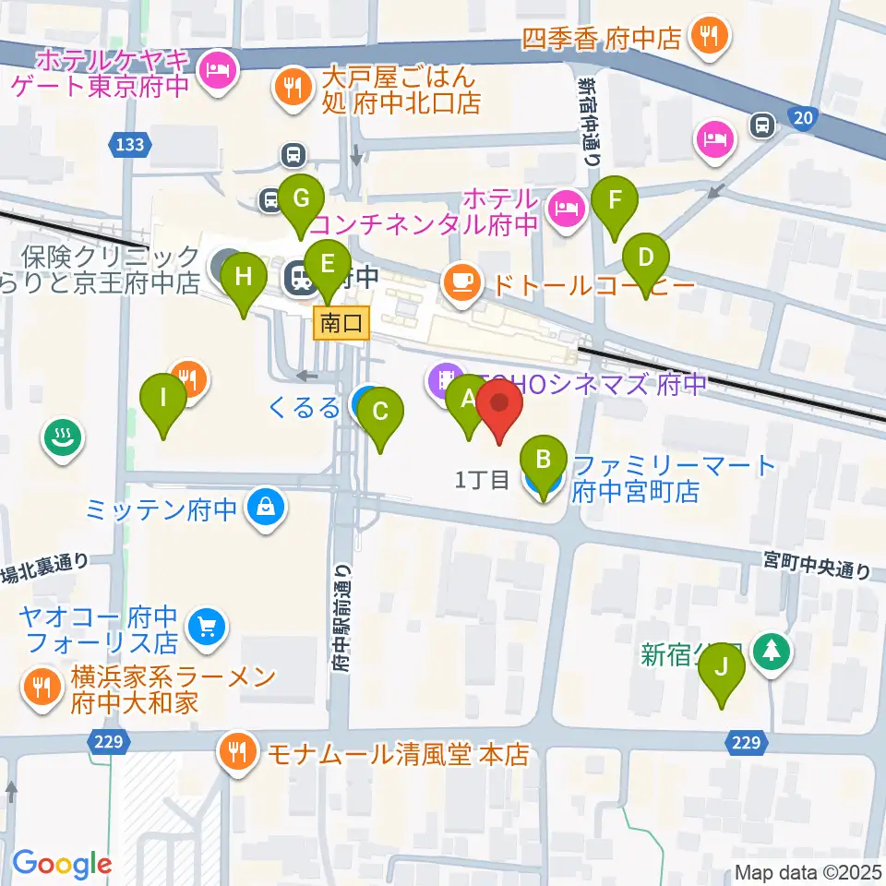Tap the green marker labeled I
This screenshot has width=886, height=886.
coord(163,401)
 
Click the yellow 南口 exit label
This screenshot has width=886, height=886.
coord(342,323)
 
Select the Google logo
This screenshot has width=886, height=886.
coord(62,864)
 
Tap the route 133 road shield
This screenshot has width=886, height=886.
coord(129,143)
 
